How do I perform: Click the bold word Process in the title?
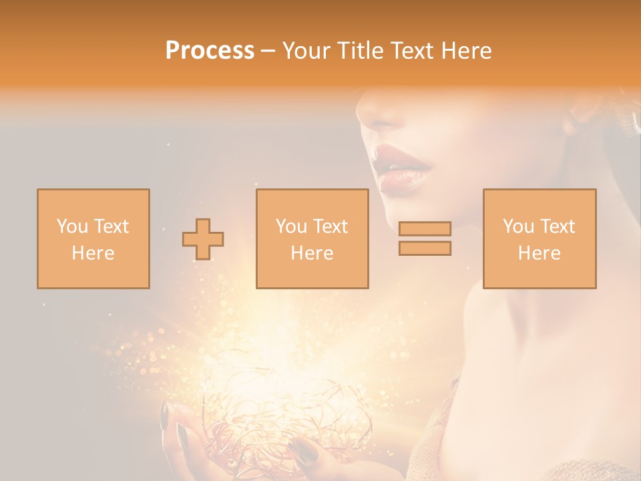[x=210, y=51]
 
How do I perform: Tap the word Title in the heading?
[x=361, y=51]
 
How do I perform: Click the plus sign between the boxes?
[x=203, y=239]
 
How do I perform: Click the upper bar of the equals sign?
[x=425, y=228]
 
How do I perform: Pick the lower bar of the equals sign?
[x=425, y=249]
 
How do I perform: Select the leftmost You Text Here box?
[x=93, y=238]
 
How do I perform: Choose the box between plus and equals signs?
[x=312, y=238]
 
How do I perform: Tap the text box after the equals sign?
[x=540, y=238]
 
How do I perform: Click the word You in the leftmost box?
[x=71, y=226]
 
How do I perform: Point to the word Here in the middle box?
[x=312, y=253]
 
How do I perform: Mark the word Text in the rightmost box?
[x=557, y=226]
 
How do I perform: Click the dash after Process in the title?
[x=268, y=51]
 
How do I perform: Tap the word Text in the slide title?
[x=414, y=51]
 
